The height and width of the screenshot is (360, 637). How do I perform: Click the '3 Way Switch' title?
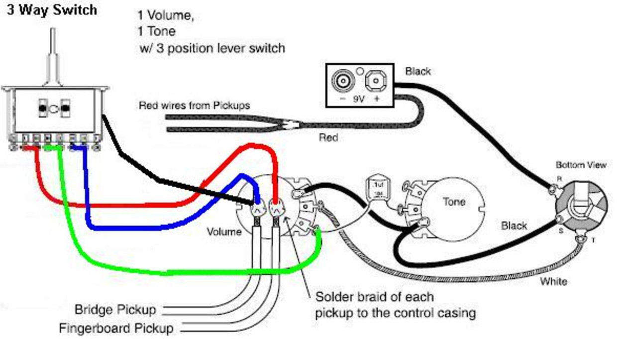(51, 10)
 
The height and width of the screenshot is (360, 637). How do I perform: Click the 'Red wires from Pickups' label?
(194, 106)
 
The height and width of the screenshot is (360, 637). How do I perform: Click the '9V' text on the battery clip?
(359, 99)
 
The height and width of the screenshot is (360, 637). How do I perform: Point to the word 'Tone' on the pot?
(453, 202)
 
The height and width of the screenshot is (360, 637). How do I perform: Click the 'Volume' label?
(224, 232)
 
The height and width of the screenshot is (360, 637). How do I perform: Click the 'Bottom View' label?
(581, 165)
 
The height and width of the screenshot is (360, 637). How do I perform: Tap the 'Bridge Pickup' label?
(115, 309)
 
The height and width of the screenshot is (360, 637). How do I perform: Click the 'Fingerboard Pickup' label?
(116, 329)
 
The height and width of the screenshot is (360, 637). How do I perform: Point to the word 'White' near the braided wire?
(553, 282)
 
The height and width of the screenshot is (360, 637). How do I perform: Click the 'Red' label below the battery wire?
(328, 137)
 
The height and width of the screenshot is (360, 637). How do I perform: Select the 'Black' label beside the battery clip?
(418, 71)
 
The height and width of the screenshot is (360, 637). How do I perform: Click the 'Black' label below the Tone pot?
(514, 226)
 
